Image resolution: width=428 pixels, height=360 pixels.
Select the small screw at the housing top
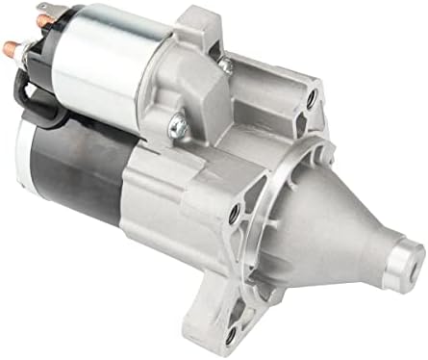[x=225, y=64]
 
